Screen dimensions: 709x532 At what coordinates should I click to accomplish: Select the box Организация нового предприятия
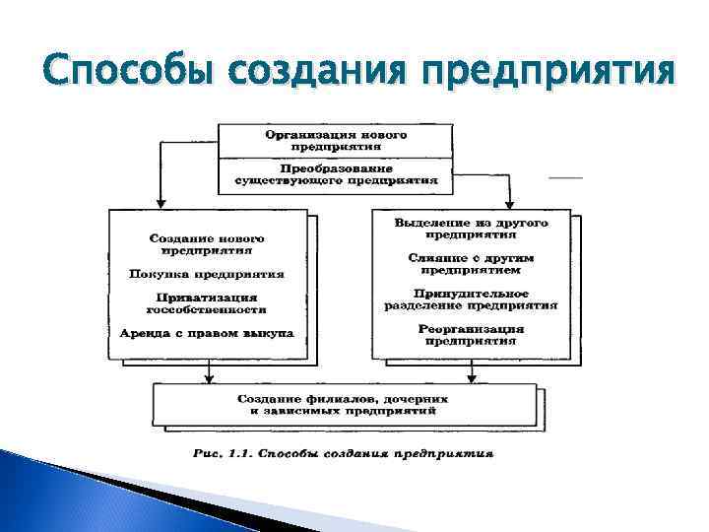click(335, 140)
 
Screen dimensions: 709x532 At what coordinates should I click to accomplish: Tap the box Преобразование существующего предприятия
click(335, 174)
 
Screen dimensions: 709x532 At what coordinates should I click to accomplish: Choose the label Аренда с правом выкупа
click(207, 334)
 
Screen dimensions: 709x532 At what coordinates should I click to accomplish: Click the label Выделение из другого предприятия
click(471, 230)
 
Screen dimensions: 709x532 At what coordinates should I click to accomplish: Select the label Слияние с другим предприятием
click(471, 262)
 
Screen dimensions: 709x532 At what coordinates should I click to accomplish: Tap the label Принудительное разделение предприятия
click(471, 299)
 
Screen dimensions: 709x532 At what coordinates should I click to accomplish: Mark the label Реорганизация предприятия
click(471, 334)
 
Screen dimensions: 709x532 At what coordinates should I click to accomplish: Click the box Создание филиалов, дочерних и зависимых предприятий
click(342, 404)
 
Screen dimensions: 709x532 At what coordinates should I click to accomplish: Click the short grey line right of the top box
click(565, 176)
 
